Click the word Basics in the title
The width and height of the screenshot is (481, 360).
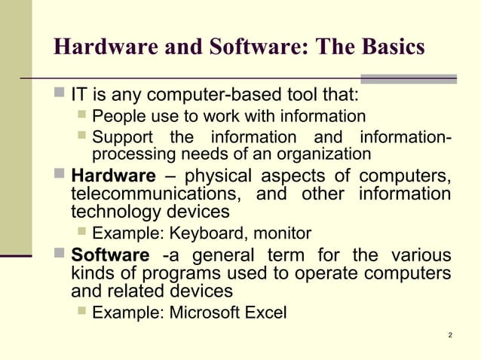(390, 47)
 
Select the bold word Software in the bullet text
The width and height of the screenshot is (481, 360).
(110, 255)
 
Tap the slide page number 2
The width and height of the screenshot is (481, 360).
(449, 334)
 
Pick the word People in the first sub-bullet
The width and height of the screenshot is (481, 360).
(116, 117)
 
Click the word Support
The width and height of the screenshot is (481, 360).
(121, 139)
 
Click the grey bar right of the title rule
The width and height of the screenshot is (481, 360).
(409, 78)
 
